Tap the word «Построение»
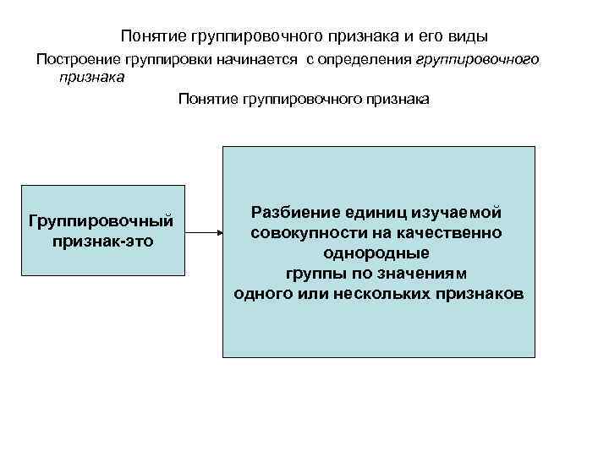pos(74,60)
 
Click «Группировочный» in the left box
pos(101,221)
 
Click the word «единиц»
pos(372,212)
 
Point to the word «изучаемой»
pos(455,212)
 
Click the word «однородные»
pos(376,252)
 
